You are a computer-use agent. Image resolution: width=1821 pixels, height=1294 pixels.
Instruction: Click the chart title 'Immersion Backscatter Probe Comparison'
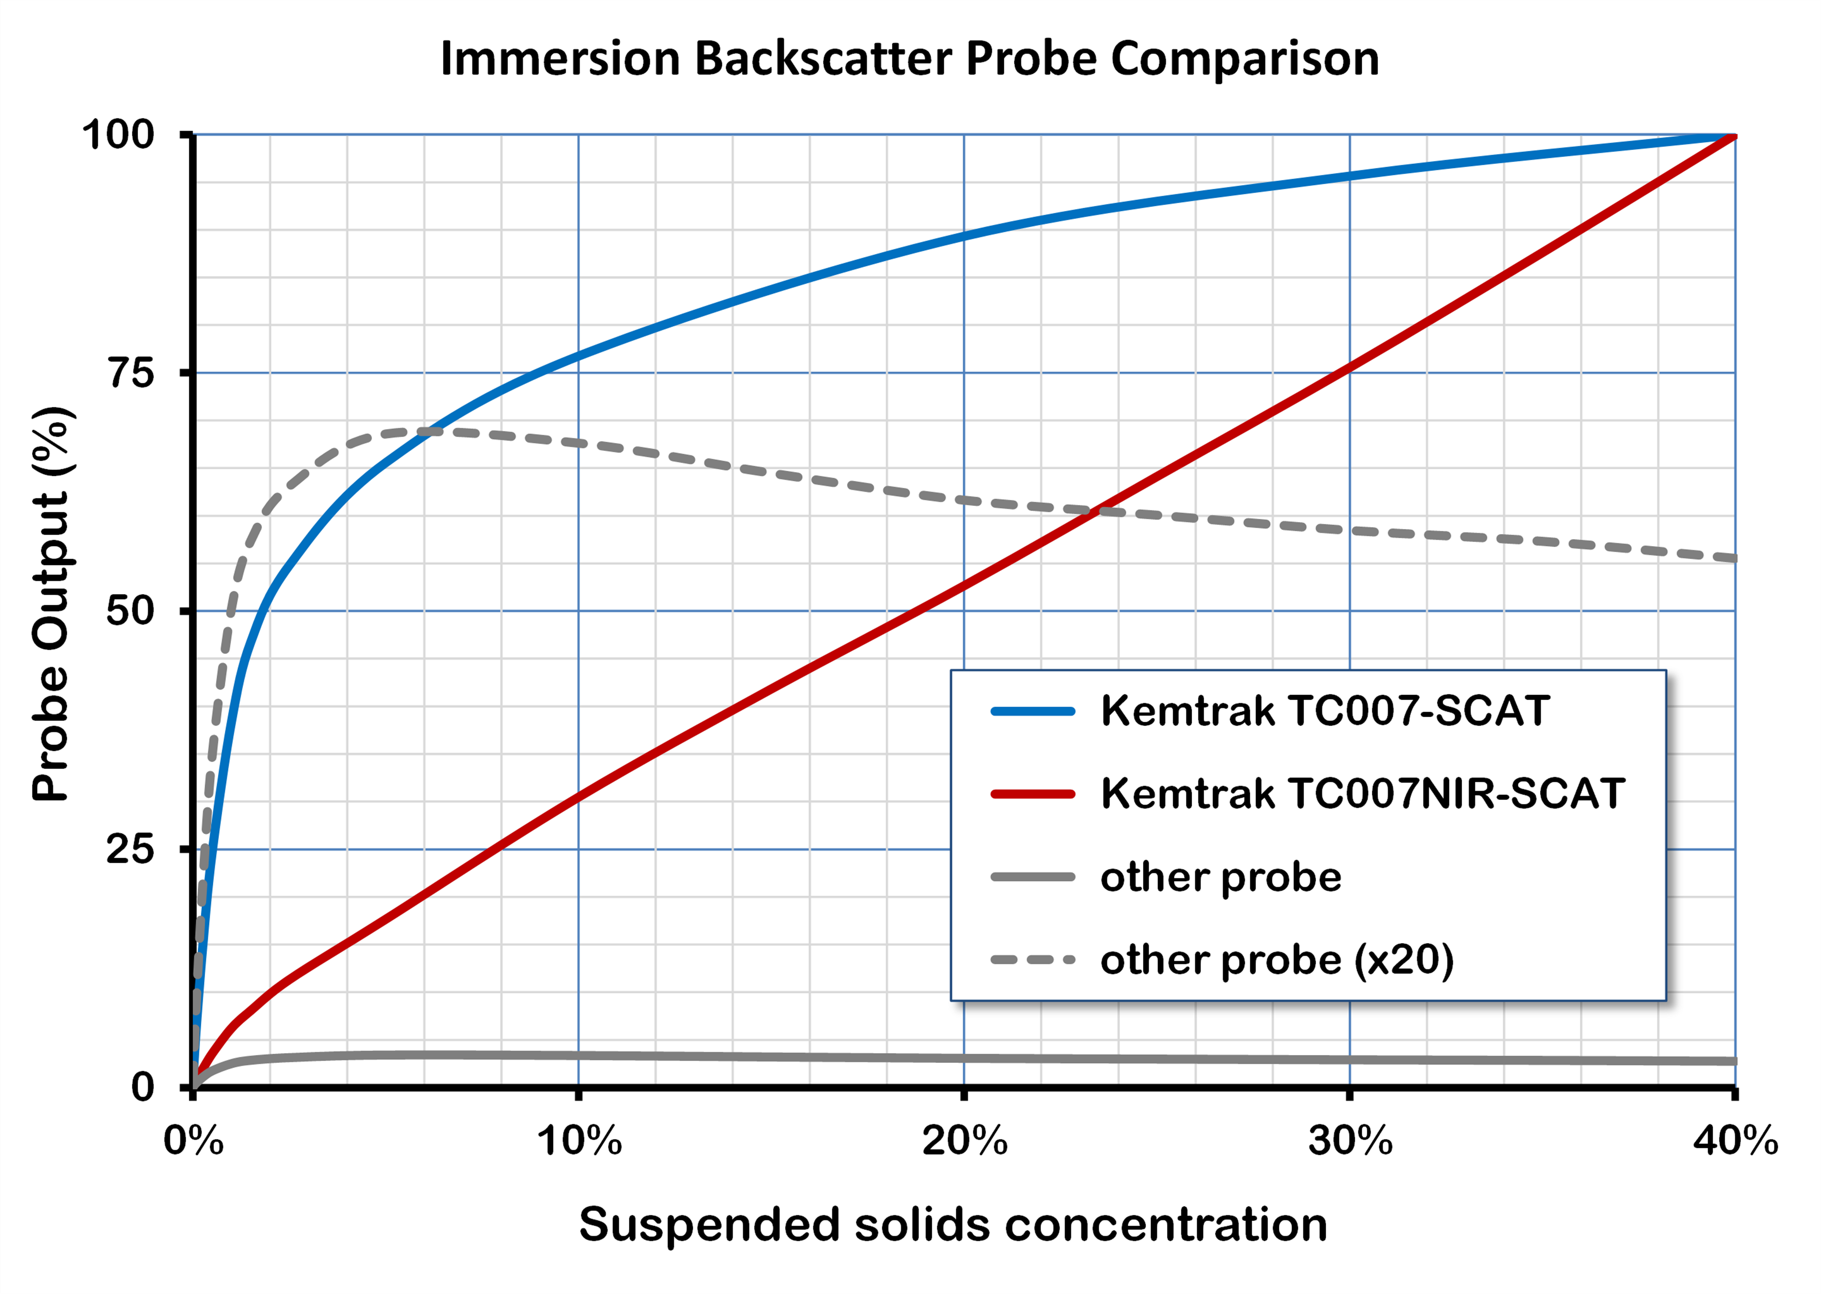(909, 59)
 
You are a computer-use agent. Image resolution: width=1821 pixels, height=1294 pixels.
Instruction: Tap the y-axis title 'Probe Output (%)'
(53, 603)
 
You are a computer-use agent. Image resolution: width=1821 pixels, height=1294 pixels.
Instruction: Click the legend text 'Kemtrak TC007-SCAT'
(1324, 711)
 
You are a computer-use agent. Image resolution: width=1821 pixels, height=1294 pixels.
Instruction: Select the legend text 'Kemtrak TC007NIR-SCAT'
(1362, 794)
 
